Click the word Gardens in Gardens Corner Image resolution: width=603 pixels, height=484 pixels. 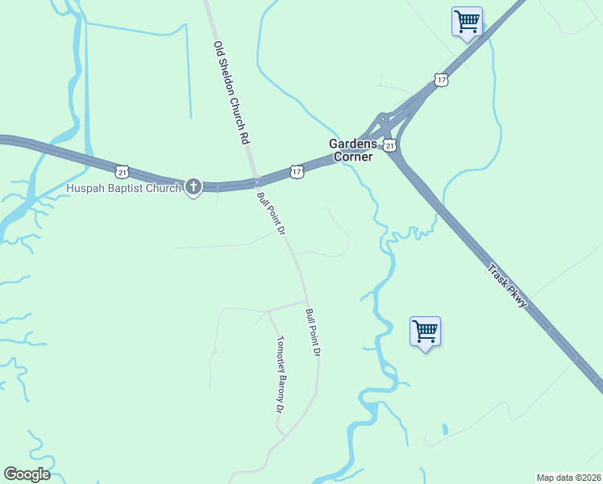pyautogui.click(x=352, y=144)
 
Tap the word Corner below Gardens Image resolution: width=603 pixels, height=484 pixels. pyautogui.click(x=354, y=156)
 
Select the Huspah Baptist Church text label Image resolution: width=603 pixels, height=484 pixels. pyautogui.click(x=123, y=190)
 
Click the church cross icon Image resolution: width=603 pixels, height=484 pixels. pyautogui.click(x=193, y=187)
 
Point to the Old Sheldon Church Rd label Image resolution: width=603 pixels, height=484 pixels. pyautogui.click(x=230, y=93)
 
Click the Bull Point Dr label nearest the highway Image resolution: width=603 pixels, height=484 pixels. pyautogui.click(x=272, y=213)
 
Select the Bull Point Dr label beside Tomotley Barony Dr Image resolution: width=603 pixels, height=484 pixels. pyautogui.click(x=314, y=332)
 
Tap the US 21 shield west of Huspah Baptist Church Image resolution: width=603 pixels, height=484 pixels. pyautogui.click(x=122, y=171)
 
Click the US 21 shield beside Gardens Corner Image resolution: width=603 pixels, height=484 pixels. pyautogui.click(x=389, y=145)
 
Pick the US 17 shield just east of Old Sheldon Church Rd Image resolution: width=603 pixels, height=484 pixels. pyautogui.click(x=297, y=172)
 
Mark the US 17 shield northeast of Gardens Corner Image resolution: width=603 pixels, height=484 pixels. pyautogui.click(x=440, y=79)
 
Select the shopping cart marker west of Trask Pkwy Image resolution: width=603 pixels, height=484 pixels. pyautogui.click(x=425, y=331)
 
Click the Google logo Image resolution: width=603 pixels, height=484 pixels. pyautogui.click(x=27, y=474)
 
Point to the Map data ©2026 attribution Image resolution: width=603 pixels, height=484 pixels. pyautogui.click(x=568, y=478)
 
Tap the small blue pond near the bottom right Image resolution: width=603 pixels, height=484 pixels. pyautogui.click(x=443, y=429)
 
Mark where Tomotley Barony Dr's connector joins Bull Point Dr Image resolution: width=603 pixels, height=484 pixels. pyautogui.click(x=306, y=301)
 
